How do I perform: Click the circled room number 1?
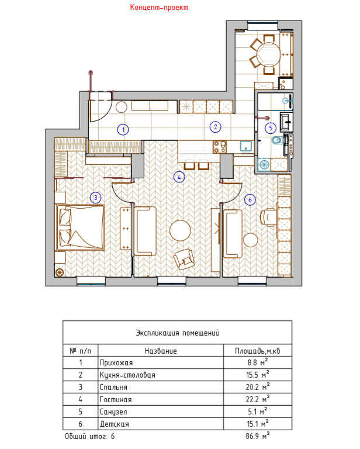tap(123, 130)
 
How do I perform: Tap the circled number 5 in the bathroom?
tap(271, 128)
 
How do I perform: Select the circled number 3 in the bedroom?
tap(96, 198)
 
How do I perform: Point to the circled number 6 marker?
tap(250, 199)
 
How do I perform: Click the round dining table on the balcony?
tap(269, 54)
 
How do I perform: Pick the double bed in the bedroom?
tap(81, 227)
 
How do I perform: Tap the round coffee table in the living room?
tap(180, 230)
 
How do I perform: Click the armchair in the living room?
tap(184, 260)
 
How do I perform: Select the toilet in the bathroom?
tap(278, 140)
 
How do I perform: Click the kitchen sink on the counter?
tap(245, 146)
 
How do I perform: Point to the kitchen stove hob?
tap(220, 147)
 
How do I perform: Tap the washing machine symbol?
tap(264, 165)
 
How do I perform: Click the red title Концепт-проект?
tap(159, 7)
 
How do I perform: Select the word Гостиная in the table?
tap(116, 399)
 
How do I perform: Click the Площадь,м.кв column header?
tap(258, 351)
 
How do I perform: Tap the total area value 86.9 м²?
tap(258, 436)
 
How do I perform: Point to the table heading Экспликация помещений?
tap(178, 333)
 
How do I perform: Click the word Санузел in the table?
tap(113, 412)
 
